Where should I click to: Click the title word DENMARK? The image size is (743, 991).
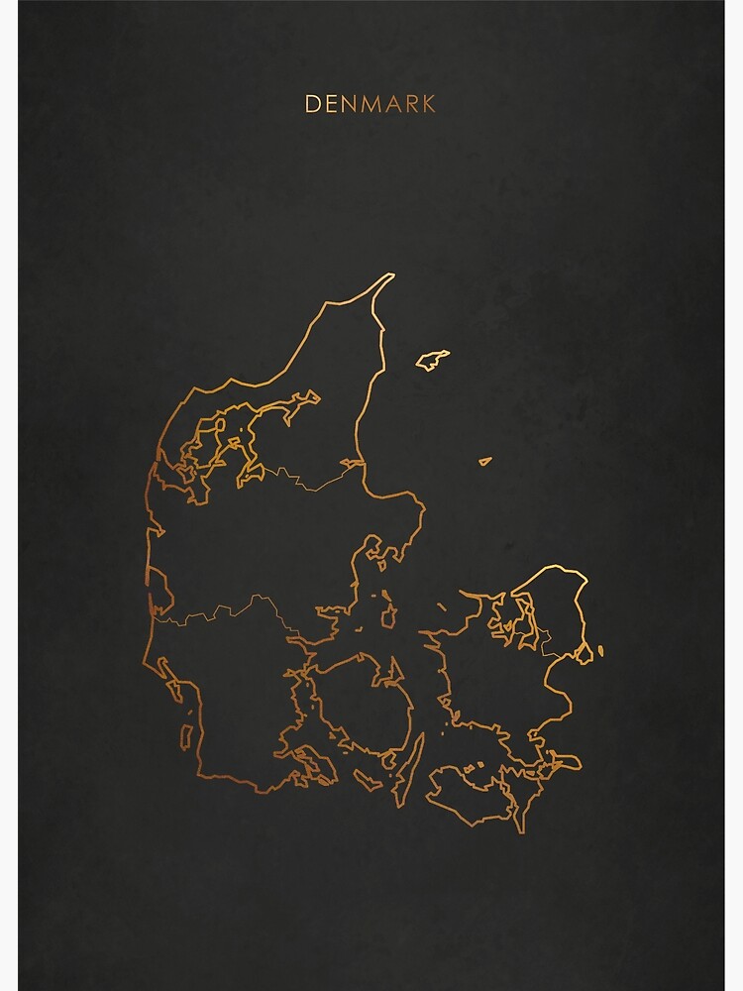pyautogui.click(x=371, y=104)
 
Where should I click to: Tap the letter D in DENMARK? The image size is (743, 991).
pyautogui.click(x=312, y=104)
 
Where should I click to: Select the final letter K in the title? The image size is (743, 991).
pyautogui.click(x=428, y=104)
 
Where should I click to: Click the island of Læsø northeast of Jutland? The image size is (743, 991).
pyautogui.click(x=432, y=360)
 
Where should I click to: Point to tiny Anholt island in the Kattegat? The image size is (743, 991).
pyautogui.click(x=485, y=461)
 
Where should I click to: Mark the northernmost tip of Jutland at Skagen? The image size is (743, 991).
pyautogui.click(x=391, y=275)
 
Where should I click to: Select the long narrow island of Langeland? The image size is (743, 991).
pyautogui.click(x=407, y=769)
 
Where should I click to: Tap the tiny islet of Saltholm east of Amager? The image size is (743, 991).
pyautogui.click(x=599, y=651)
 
